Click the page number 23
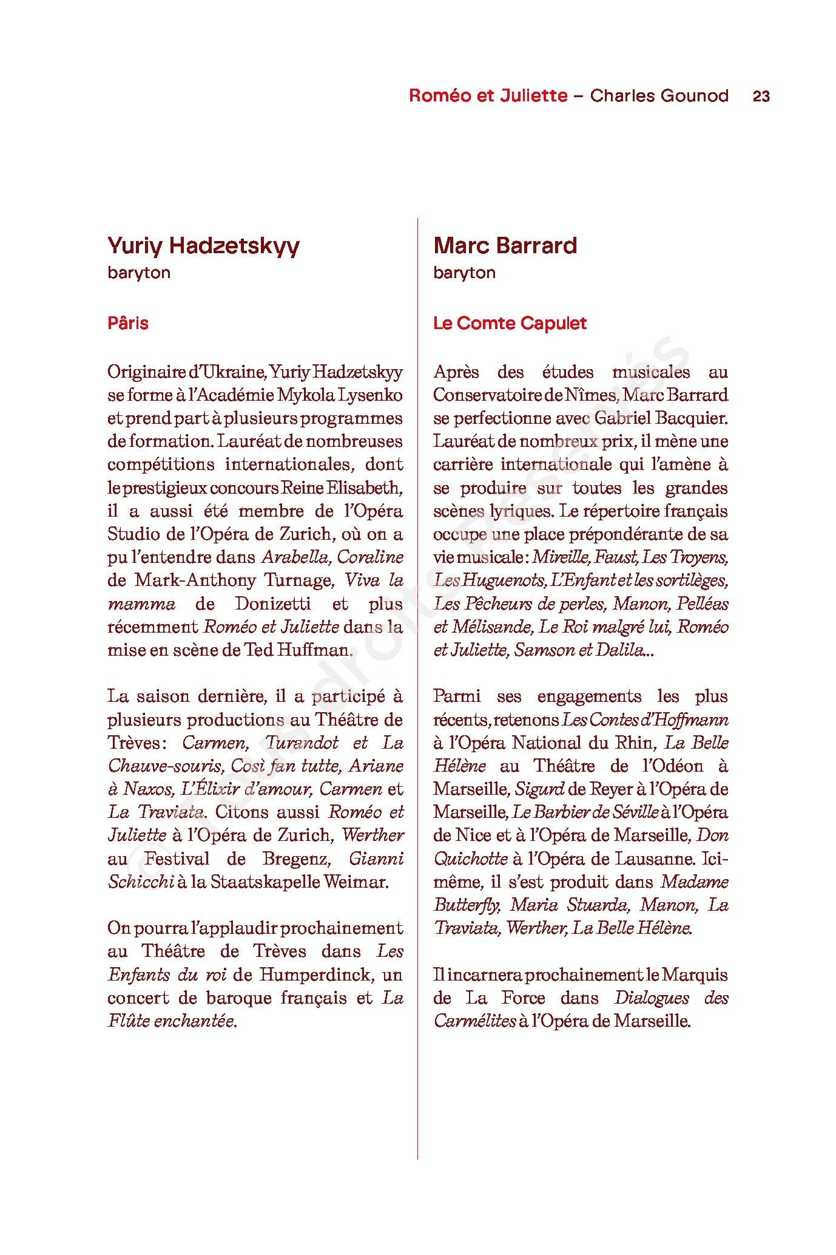(x=761, y=96)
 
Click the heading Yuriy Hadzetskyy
(x=203, y=246)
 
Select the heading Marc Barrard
(x=505, y=246)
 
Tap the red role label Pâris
(x=128, y=323)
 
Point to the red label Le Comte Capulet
(x=510, y=323)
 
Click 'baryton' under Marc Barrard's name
(x=464, y=273)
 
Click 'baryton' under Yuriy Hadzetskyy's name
(x=139, y=273)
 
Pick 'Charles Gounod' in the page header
(x=659, y=96)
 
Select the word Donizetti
(x=272, y=604)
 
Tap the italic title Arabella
(x=296, y=557)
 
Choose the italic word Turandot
(x=302, y=743)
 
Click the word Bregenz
(x=296, y=859)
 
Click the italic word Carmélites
(x=474, y=1021)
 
